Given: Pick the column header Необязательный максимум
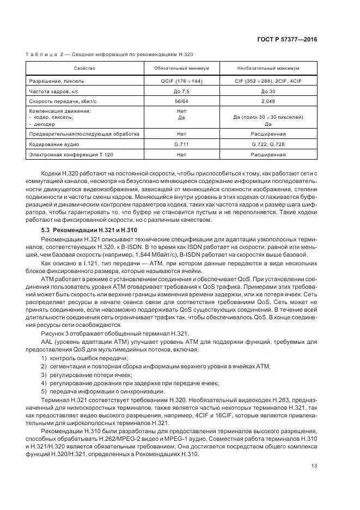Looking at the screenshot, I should (268, 68).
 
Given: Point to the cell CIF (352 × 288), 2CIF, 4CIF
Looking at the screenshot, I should (268, 81).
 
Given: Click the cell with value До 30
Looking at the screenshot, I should (268, 91).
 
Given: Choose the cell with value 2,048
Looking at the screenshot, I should (268, 101).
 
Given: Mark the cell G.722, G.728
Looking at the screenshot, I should (268, 144).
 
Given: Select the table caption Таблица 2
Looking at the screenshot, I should (109, 54).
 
